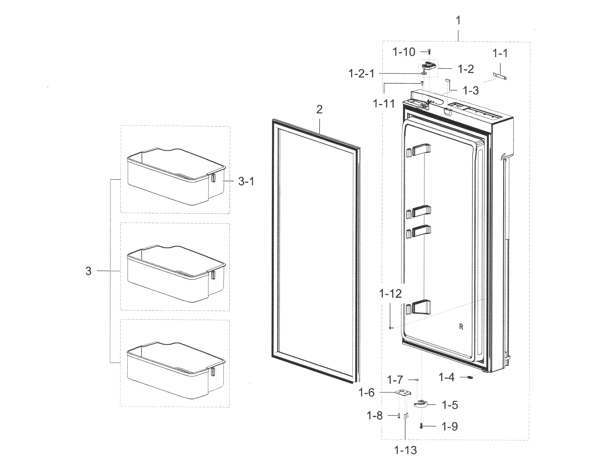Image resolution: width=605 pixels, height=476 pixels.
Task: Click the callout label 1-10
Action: coord(404,52)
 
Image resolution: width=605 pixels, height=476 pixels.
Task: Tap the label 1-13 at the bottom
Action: coord(406,451)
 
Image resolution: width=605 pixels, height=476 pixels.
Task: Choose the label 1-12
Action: coord(390,294)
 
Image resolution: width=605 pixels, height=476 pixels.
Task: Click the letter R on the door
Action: coord(461,327)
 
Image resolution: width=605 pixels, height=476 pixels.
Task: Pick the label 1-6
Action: coord(366,393)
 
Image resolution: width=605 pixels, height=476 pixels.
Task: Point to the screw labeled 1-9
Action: coord(421,426)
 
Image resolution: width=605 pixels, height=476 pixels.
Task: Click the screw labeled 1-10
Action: coord(429,52)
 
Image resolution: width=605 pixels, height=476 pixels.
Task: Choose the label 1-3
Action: coord(471,91)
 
